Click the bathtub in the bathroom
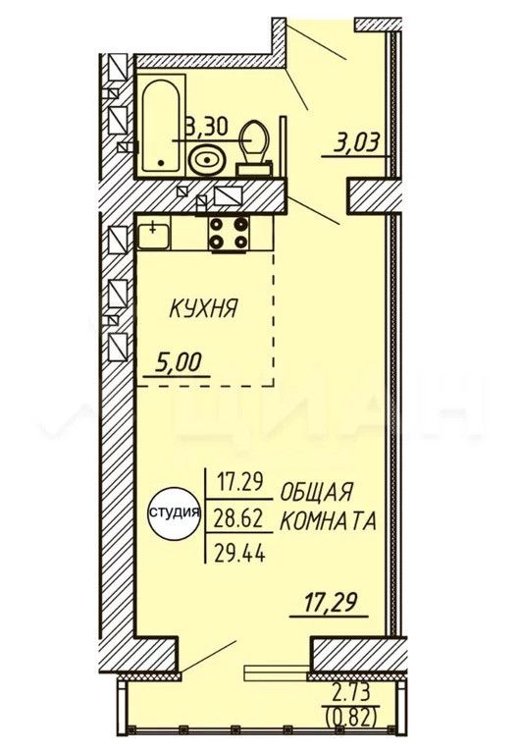click(x=163, y=126)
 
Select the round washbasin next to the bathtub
click(x=207, y=160)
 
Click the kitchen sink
click(x=153, y=235)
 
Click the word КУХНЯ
click(x=203, y=308)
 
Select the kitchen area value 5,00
click(x=178, y=363)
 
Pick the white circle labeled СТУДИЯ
click(x=175, y=512)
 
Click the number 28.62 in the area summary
click(x=239, y=519)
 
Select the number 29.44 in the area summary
click(x=240, y=555)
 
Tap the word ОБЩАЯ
click(x=316, y=492)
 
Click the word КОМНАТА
click(x=328, y=520)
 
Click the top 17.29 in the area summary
click(x=239, y=481)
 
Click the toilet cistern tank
click(x=254, y=169)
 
